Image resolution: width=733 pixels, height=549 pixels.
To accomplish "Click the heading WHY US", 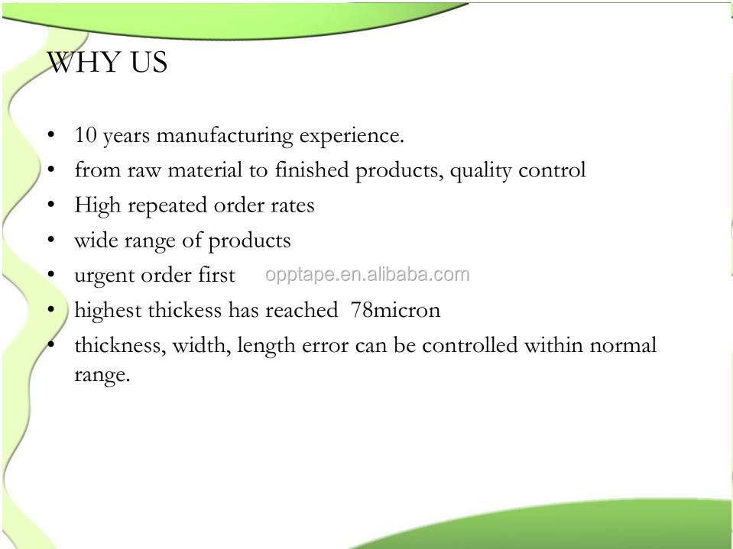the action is pos(107,62).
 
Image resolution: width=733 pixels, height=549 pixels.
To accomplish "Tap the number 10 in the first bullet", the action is pos(86,134).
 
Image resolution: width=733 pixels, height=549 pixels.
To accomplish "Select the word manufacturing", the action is pos(225,137).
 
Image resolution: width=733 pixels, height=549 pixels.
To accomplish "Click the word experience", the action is pos(351,137).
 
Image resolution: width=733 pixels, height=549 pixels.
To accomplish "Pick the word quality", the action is pos(481,171).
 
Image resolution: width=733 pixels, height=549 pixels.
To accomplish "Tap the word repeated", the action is pos(168,207).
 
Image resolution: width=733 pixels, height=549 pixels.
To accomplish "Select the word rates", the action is pos(293,206).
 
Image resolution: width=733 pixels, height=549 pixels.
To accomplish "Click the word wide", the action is pos(96,240).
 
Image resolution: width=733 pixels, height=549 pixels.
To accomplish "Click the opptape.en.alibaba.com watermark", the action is pos(368,275).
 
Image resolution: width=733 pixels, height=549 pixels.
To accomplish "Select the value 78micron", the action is pos(395,310).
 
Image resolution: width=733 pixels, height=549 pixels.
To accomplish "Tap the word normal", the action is pos(623,345).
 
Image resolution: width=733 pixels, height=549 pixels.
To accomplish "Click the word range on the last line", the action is pos(102,376).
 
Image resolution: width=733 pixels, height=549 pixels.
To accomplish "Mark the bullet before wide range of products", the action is pos(51,240).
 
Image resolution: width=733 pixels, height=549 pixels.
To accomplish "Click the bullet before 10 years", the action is pos(51,134).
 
